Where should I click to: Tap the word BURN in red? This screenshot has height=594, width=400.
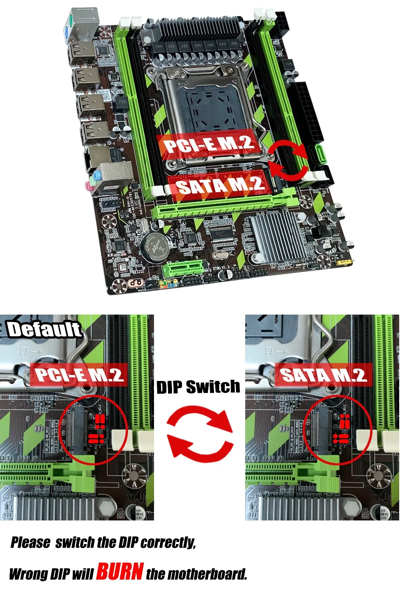tap(120, 571)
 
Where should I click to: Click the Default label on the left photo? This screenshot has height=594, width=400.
tap(44, 330)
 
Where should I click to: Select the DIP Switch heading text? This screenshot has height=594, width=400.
tap(198, 387)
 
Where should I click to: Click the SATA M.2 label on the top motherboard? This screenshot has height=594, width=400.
tap(220, 185)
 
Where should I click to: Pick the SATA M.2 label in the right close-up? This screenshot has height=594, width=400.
tap(323, 375)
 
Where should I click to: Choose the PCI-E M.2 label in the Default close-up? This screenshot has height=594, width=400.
tap(79, 375)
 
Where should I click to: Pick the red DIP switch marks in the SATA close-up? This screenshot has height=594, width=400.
tap(342, 429)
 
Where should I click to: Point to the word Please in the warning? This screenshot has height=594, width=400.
tap(30, 542)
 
